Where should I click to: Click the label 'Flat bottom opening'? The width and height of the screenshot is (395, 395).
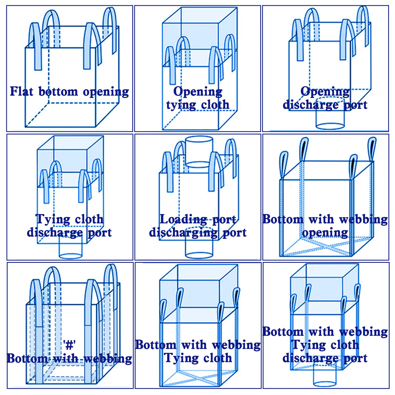(x=69, y=92)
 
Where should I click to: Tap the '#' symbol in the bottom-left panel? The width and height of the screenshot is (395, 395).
(x=69, y=345)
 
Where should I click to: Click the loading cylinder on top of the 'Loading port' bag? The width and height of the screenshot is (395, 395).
(x=199, y=152)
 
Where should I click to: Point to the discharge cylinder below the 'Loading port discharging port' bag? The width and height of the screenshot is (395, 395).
(x=199, y=248)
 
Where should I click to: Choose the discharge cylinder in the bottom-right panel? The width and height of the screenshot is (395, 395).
(x=325, y=375)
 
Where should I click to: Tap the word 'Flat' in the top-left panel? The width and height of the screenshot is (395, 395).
(x=22, y=91)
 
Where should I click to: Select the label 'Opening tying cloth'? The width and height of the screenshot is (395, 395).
(x=198, y=98)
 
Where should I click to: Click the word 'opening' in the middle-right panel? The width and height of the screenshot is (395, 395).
(x=325, y=233)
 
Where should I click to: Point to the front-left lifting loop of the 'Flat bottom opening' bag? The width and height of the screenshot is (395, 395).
(x=36, y=46)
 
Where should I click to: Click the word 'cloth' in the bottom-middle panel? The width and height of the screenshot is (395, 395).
(x=218, y=358)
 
